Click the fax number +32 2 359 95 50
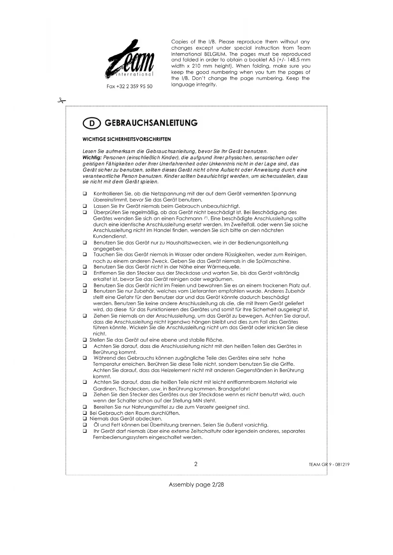pos(129,86)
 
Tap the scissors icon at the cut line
pos(61,101)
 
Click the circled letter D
pos(92,123)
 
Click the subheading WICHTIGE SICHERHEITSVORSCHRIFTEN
pos(127,139)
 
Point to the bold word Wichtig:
pos(92,158)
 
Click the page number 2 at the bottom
pos(196,464)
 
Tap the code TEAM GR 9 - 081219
pos(329,465)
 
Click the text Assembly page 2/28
pos(196,484)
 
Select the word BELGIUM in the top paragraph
pos(215,54)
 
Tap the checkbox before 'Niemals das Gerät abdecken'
pos(85,419)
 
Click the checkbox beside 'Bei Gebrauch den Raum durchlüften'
pos(85,413)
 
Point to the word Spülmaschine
pos(274,261)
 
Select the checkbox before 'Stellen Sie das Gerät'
pos(85,340)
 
